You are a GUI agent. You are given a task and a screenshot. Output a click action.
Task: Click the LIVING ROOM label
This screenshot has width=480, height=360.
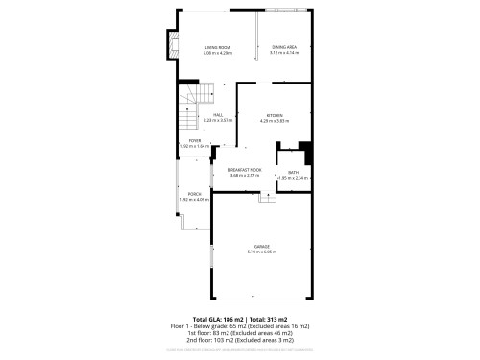click(218, 47)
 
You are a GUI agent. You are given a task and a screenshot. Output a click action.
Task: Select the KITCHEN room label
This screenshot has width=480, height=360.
click(275, 116)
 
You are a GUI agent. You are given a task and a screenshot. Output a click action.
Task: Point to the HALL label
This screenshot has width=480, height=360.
click(219, 114)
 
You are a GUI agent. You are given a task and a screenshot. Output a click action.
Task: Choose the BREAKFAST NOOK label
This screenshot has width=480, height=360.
click(245, 170)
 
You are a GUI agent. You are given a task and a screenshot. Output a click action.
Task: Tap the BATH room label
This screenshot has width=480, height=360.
click(293, 172)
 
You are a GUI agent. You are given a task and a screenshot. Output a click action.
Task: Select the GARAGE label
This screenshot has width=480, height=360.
click(261, 247)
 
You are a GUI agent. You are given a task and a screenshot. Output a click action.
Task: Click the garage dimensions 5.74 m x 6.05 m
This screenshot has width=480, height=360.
click(261, 252)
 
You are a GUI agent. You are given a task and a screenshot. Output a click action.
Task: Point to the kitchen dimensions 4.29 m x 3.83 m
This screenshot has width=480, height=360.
click(275, 122)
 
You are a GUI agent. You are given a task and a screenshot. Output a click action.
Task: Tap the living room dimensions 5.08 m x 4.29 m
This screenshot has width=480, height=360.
click(218, 53)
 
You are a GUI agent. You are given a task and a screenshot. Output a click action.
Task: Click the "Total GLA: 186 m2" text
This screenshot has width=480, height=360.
click(217, 318)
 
